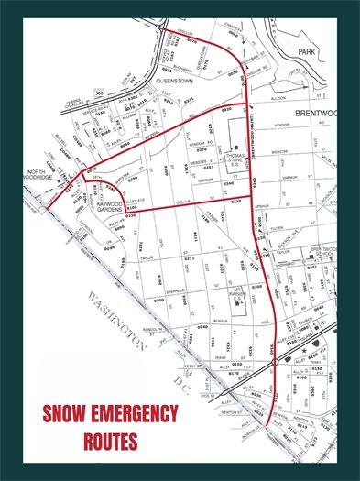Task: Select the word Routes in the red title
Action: point(110,440)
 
